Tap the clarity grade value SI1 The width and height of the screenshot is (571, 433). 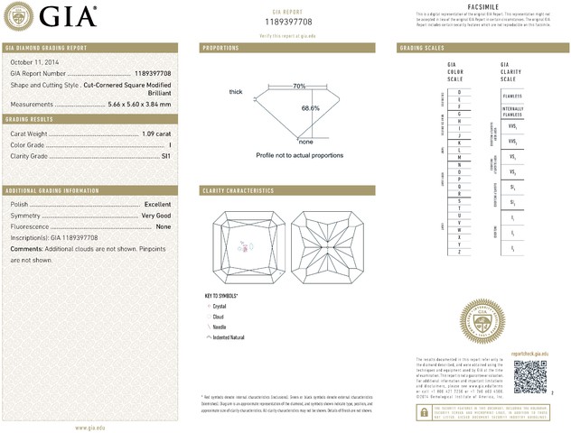coord(165,156)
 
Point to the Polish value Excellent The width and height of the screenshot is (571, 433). coord(157,205)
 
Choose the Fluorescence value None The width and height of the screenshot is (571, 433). coord(163,226)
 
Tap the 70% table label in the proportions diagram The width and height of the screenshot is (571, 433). coord(299,86)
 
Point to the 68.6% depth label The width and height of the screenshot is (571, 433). coord(310,108)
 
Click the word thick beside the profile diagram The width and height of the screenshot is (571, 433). coord(236,92)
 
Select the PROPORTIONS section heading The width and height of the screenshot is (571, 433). coord(221,47)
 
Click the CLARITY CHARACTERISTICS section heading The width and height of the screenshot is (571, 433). coord(239,191)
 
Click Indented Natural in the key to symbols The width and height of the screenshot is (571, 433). coord(229,336)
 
